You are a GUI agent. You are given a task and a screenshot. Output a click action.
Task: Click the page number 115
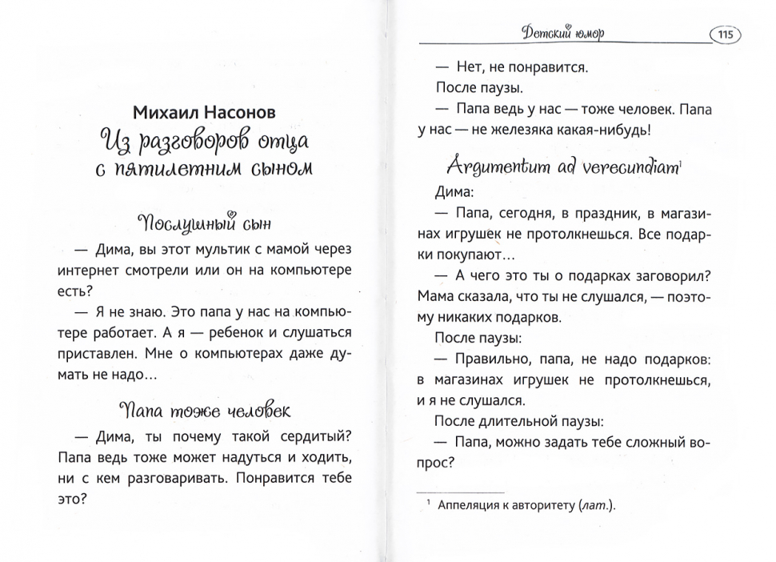coord(726,34)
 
